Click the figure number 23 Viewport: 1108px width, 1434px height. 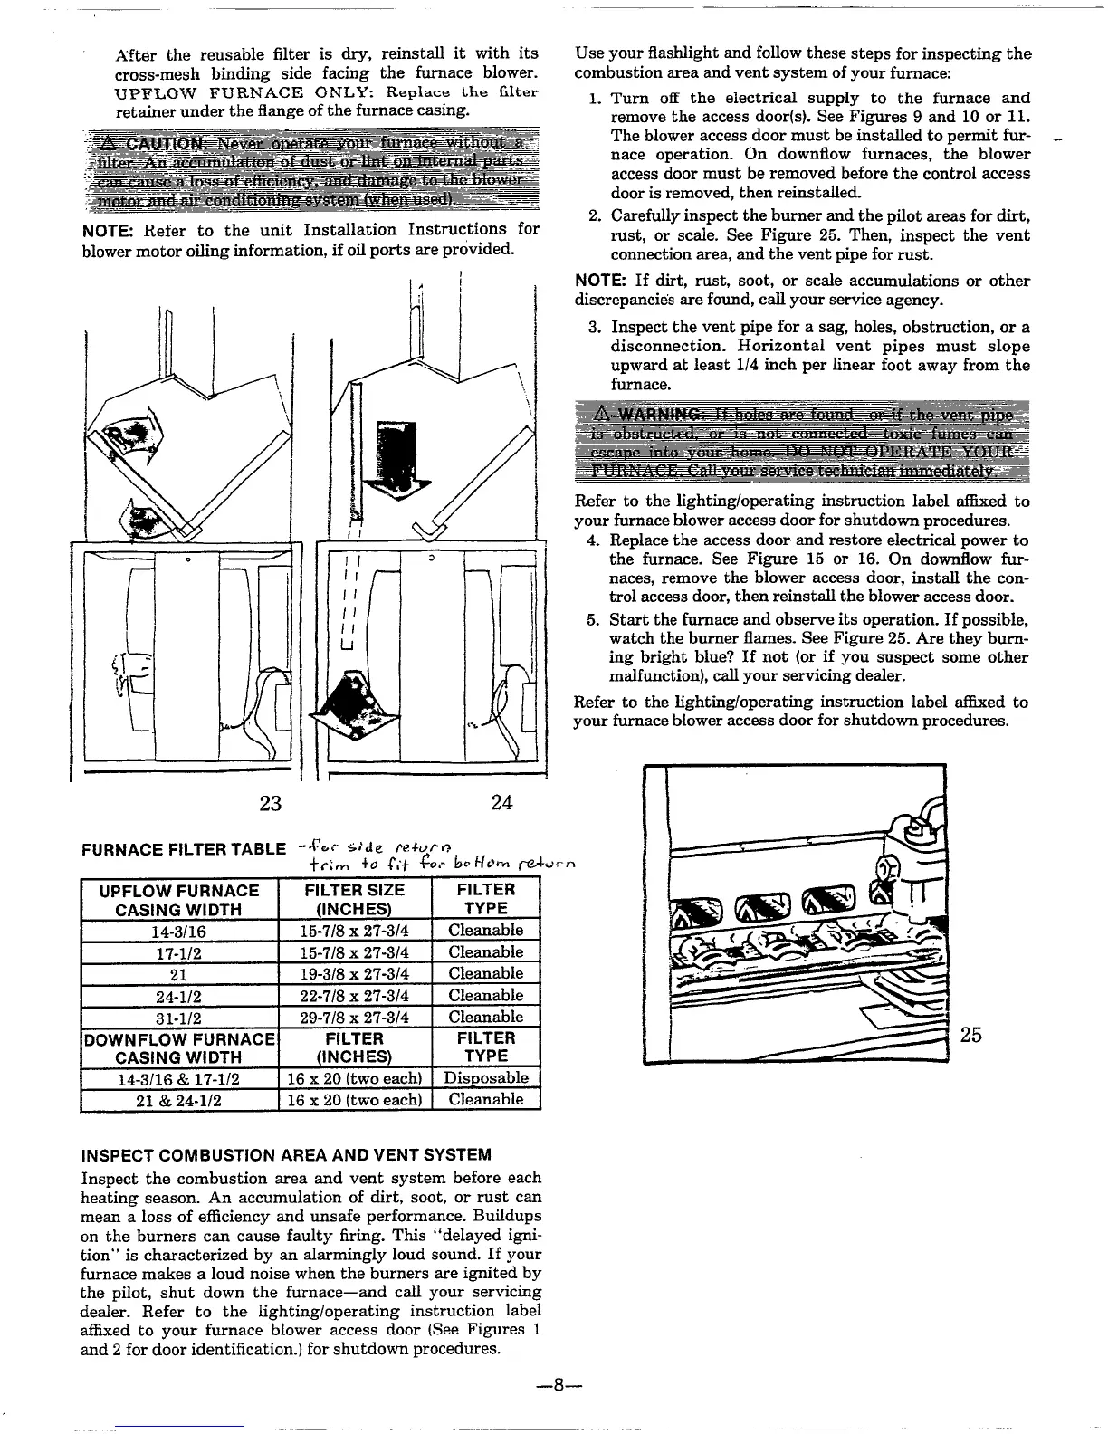tap(270, 802)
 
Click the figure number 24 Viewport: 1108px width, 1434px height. tap(501, 802)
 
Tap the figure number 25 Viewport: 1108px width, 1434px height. tap(970, 1034)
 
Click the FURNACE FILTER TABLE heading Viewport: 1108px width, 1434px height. tap(184, 849)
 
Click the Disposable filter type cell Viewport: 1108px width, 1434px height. tap(486, 1077)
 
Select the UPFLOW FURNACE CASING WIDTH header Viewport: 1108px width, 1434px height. tap(178, 899)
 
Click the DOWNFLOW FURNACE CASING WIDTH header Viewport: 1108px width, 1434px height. tap(178, 1047)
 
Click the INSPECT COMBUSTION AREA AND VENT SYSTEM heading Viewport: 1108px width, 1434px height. tap(286, 1155)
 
